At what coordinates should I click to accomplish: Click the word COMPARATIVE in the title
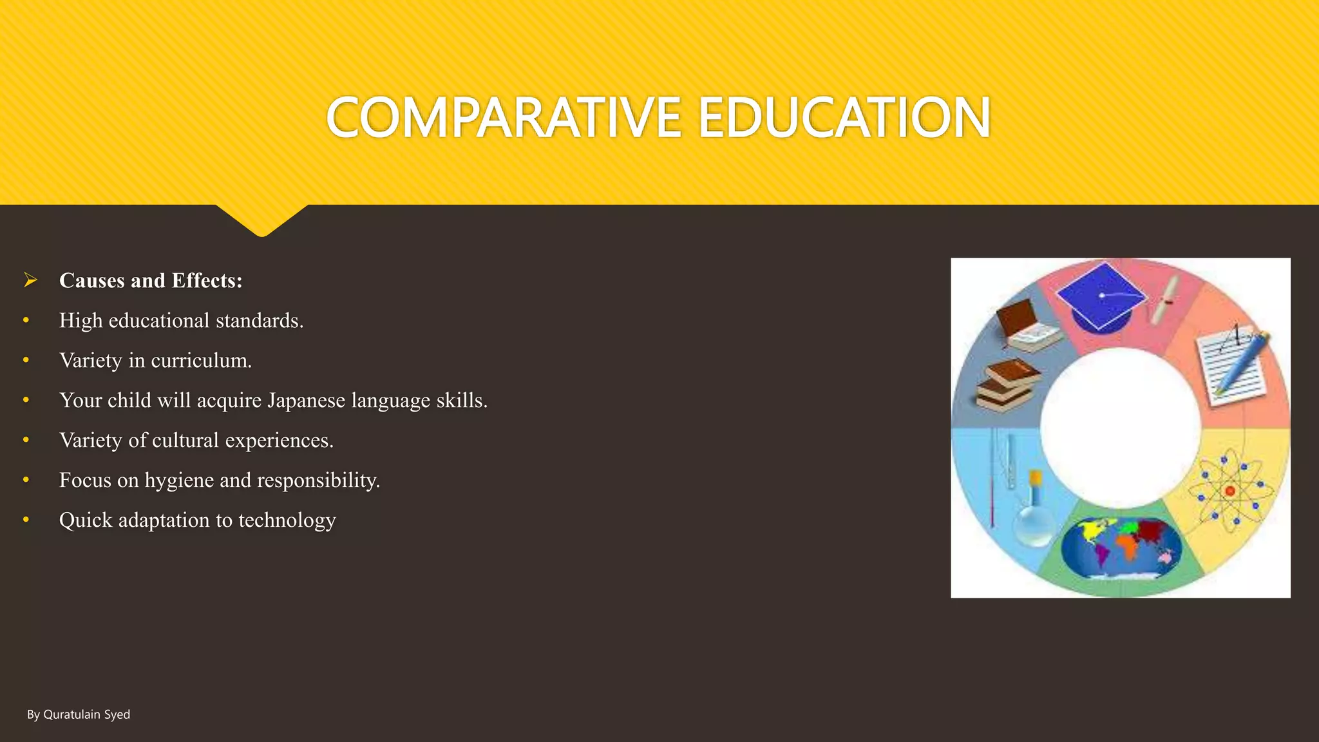[503, 117]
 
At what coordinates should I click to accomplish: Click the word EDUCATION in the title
[844, 117]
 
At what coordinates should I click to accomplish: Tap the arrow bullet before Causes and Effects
[30, 280]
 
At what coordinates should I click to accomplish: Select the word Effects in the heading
[207, 281]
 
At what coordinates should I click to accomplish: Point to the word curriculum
[201, 361]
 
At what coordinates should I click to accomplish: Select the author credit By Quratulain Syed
[79, 714]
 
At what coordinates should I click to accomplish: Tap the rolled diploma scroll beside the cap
[1164, 300]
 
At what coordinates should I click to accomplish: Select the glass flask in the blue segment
[1034, 512]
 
